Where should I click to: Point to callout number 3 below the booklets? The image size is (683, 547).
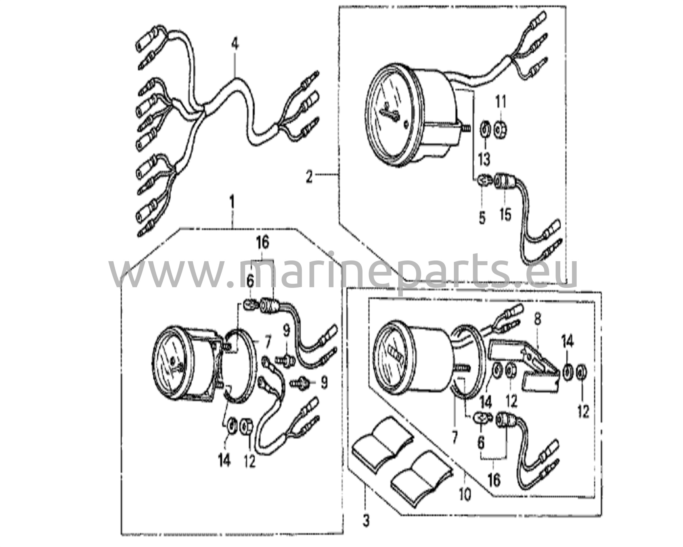click(366, 521)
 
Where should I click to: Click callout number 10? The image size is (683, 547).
click(465, 495)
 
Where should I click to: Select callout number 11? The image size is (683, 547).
click(501, 102)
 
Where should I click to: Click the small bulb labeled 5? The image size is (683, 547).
click(482, 181)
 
